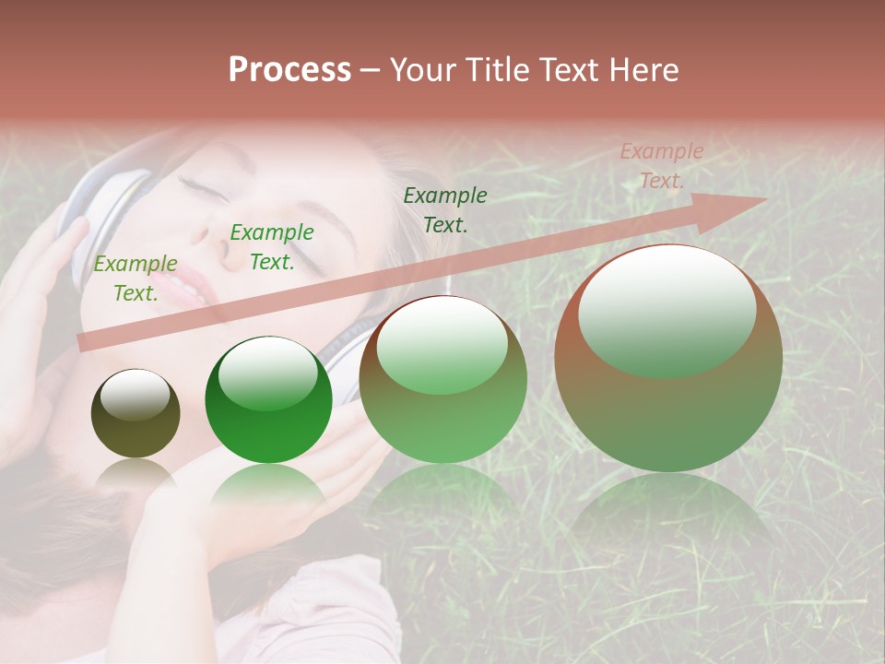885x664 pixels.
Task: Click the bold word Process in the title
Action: [289, 70]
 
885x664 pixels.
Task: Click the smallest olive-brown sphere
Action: [136, 413]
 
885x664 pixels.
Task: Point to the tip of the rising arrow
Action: [764, 199]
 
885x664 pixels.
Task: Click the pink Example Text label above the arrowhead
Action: [662, 166]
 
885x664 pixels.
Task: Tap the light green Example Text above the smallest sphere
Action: [136, 278]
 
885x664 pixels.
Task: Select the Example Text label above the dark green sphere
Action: [272, 246]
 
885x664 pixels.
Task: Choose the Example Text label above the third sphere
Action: [445, 209]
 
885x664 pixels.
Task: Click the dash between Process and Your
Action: [371, 71]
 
